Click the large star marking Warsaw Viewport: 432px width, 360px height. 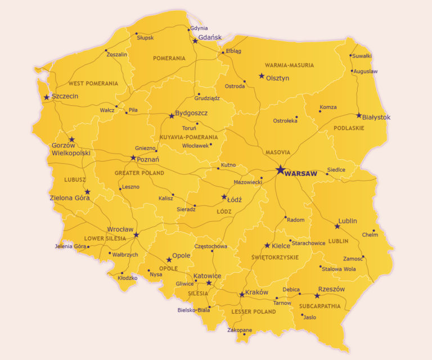point(280,170)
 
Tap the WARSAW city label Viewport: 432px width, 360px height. point(301,174)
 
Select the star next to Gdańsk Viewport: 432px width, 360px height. point(195,41)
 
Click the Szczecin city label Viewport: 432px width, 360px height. point(65,96)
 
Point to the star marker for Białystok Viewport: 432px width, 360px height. point(359,115)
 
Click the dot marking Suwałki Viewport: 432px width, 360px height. point(350,56)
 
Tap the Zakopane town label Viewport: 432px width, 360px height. point(240,330)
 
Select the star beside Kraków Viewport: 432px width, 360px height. point(242,294)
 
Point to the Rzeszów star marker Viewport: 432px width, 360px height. point(317,295)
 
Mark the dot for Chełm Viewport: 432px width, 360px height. point(373,230)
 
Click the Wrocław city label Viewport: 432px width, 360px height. point(120,229)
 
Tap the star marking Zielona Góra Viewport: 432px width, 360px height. point(87,192)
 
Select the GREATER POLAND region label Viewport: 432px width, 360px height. point(139,173)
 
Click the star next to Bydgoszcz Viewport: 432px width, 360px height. point(172,116)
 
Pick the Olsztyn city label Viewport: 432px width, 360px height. point(277,78)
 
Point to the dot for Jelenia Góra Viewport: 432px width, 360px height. point(88,246)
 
